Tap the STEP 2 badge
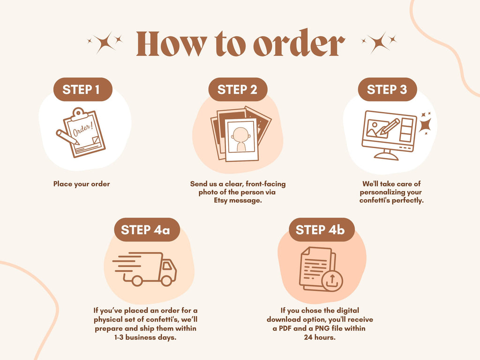pyautogui.click(x=238, y=90)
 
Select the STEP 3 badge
pyautogui.click(x=387, y=90)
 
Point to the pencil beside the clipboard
pyautogui.click(x=67, y=137)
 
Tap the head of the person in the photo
pyautogui.click(x=240, y=135)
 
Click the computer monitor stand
pyautogui.click(x=386, y=154)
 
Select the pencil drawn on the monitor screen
pyautogui.click(x=388, y=127)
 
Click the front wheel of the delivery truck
pyautogui.click(x=166, y=280)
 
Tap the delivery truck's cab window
pyautogui.click(x=167, y=266)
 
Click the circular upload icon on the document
pyautogui.click(x=332, y=280)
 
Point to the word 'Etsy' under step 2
pyautogui.click(x=220, y=201)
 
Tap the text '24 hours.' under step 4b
pyautogui.click(x=320, y=337)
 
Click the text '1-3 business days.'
pyautogui.click(x=145, y=337)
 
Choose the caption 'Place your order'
pyautogui.click(x=82, y=184)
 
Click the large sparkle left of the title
pyautogui.click(x=105, y=43)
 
